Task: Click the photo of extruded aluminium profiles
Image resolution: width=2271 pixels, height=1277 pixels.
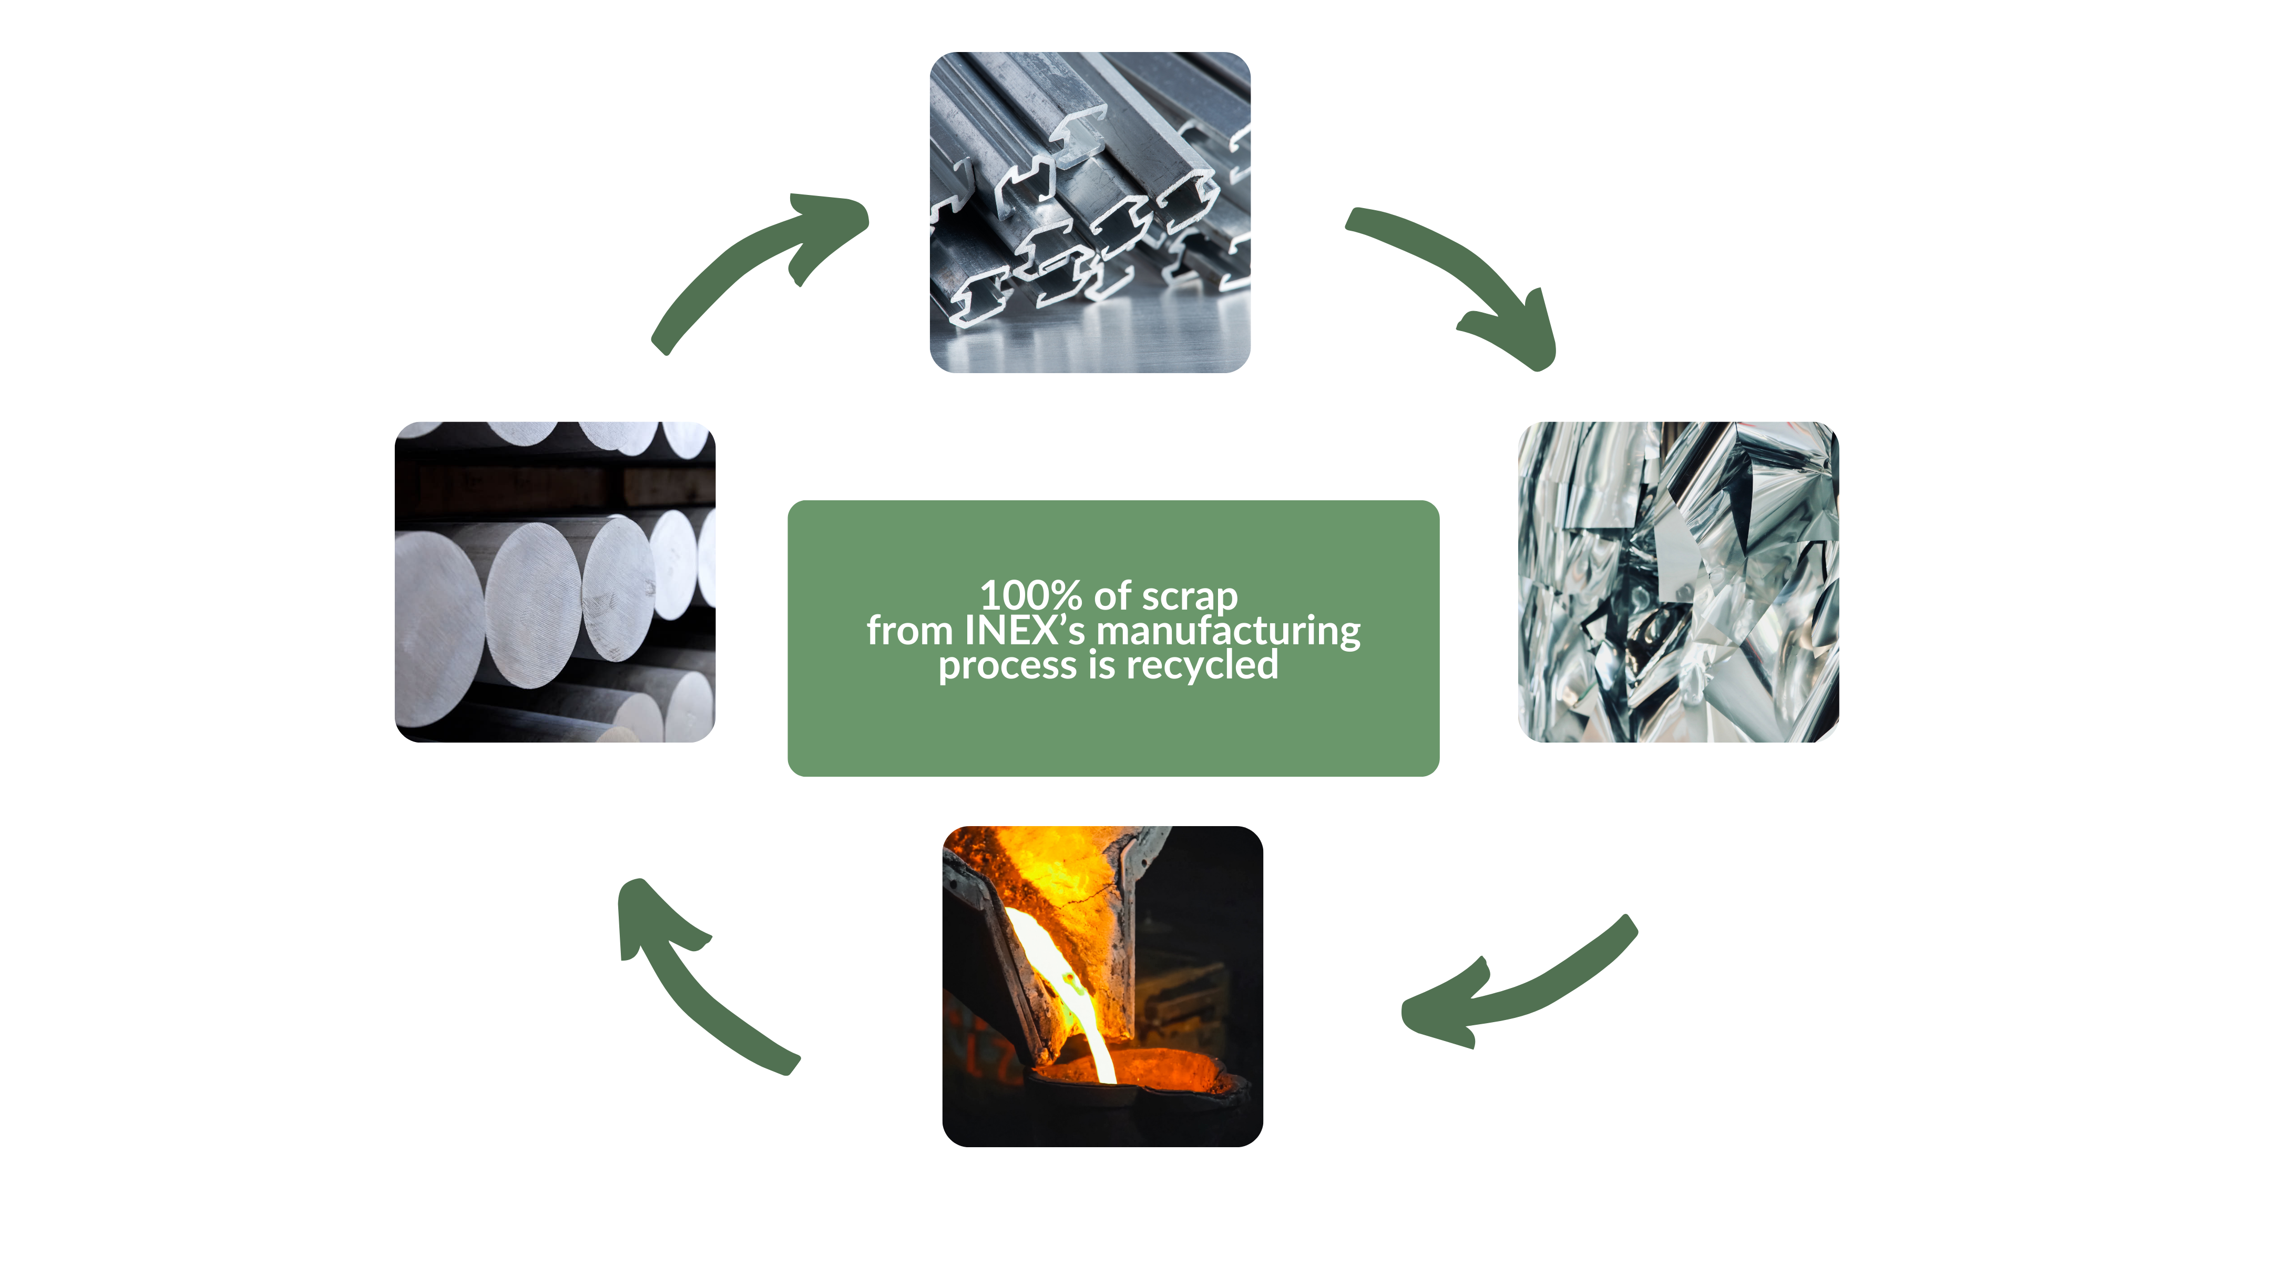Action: pos(1090,211)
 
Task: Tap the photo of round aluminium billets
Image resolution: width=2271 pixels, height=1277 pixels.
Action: pos(555,582)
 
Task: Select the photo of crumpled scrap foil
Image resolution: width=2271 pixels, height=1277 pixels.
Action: pos(1677,582)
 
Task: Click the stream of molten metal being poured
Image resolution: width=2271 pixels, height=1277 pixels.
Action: pos(1071,987)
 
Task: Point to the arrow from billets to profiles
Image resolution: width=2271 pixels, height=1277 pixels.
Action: pos(749,264)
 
